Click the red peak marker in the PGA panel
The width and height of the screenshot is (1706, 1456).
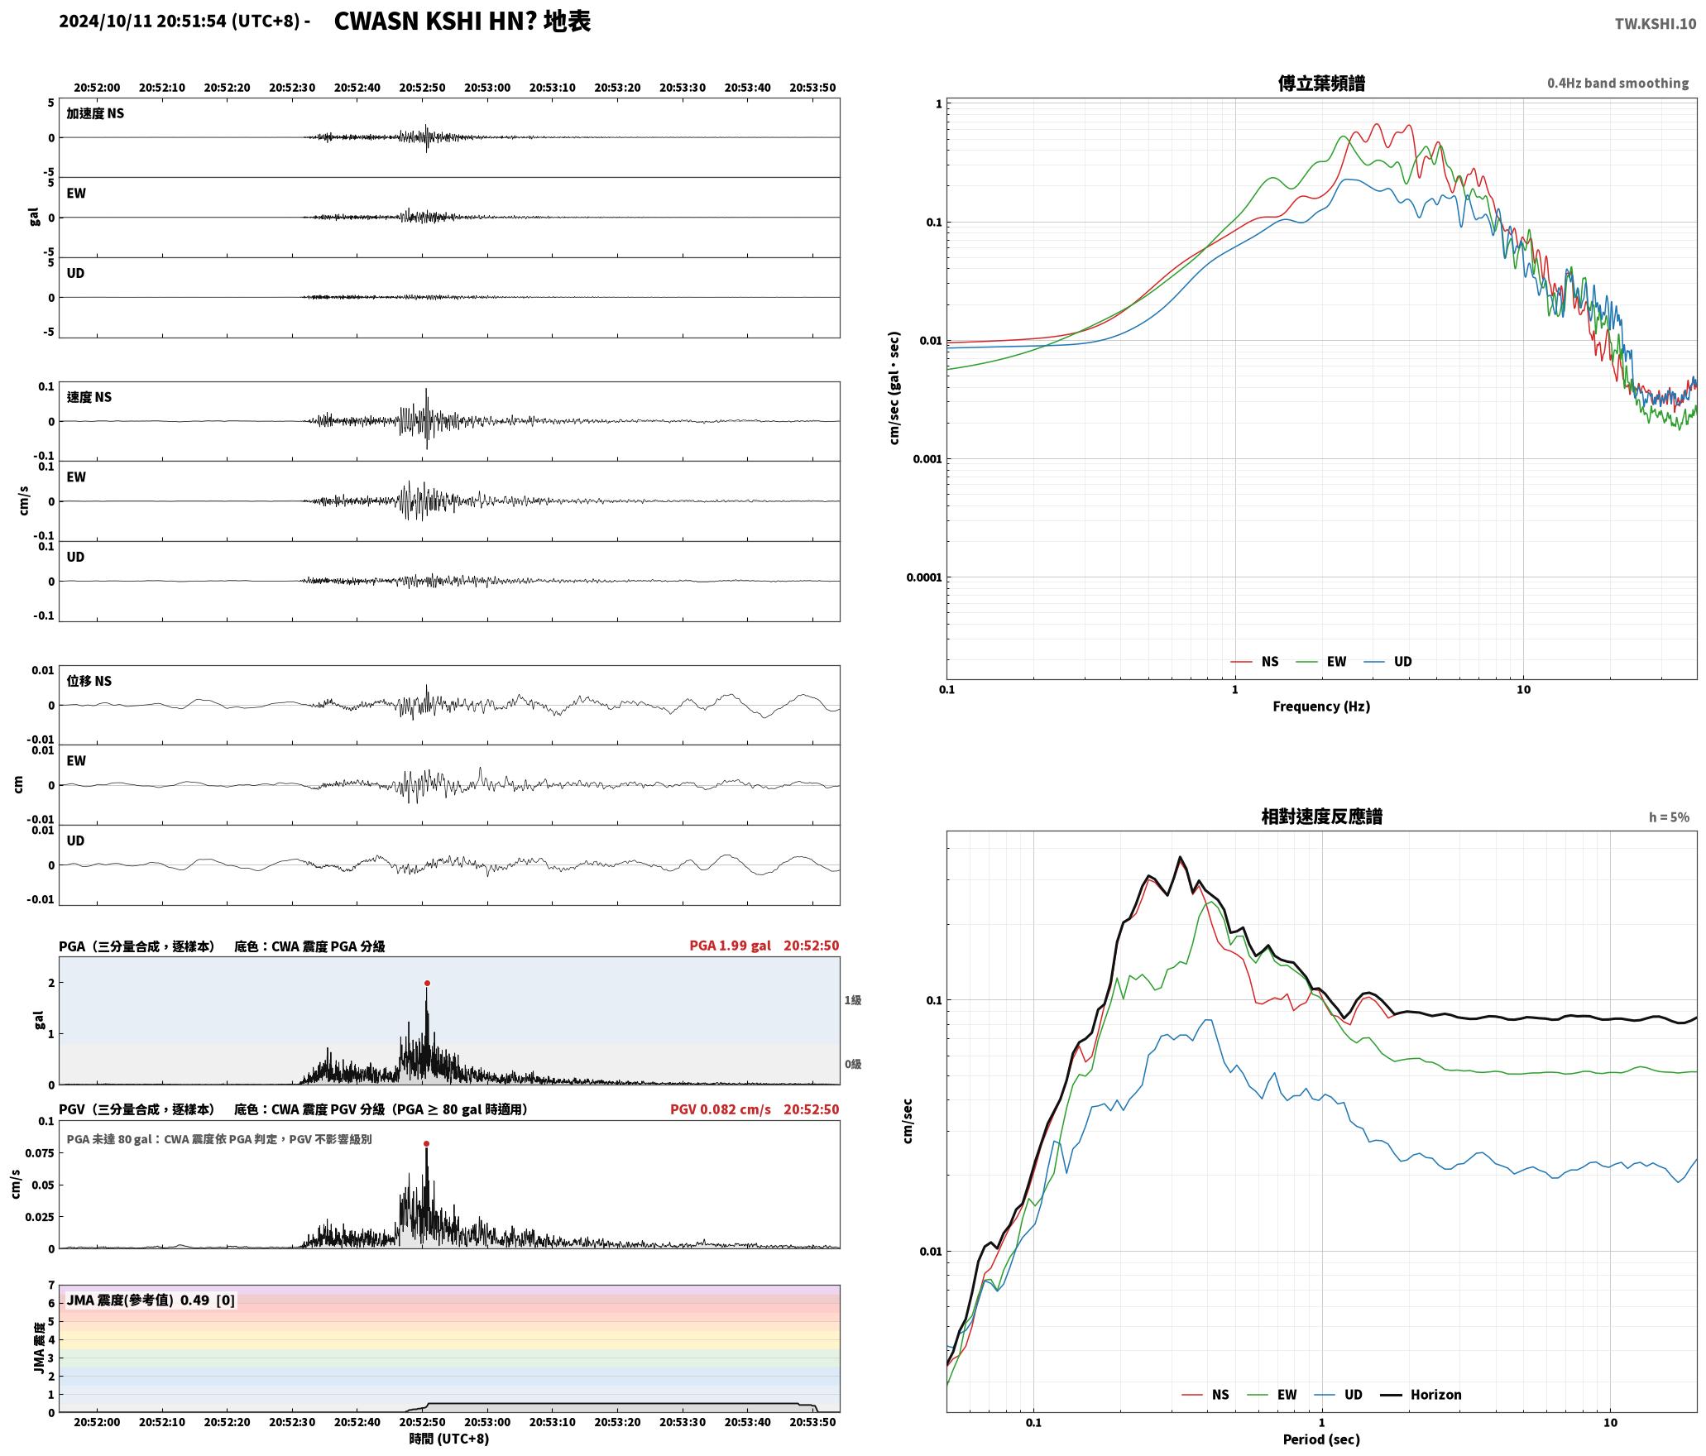tap(427, 983)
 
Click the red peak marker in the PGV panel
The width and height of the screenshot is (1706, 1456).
tap(427, 1143)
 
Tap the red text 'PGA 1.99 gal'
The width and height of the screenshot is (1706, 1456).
tap(730, 946)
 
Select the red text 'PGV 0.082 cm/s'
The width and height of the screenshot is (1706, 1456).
tap(720, 1109)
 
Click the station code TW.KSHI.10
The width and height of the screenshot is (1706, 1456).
tap(1656, 23)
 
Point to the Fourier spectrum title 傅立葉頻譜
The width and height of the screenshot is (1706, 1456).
tap(1321, 83)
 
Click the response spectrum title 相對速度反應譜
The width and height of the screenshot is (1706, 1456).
tap(1321, 816)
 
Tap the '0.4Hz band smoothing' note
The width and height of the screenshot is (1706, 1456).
tap(1617, 83)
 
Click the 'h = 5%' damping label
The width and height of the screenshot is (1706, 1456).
tap(1669, 817)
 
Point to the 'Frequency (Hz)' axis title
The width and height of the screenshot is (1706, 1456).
tap(1321, 706)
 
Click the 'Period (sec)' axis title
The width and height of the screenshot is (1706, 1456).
tap(1321, 1439)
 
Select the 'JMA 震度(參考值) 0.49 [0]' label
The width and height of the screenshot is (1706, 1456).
tap(151, 1300)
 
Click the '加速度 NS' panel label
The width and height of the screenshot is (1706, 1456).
tap(95, 113)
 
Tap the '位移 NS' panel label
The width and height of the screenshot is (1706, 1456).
tap(89, 681)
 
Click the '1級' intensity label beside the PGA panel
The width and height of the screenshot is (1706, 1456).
tap(853, 1000)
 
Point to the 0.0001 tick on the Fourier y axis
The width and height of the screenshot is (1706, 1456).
tap(923, 577)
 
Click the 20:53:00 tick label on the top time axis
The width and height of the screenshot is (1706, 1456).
tap(487, 87)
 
